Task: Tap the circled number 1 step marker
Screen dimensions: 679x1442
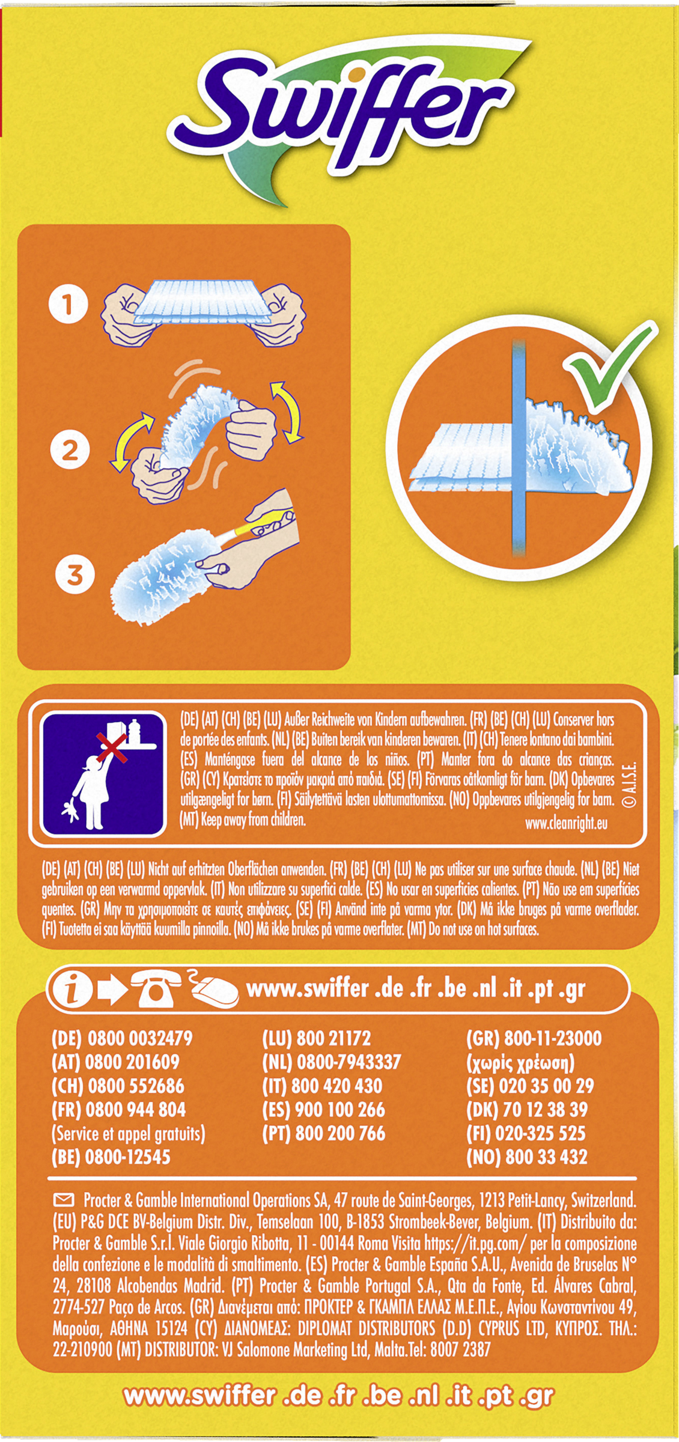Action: coord(68,303)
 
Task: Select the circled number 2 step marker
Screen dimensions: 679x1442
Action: coord(70,450)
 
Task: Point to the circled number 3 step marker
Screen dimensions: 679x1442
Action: coord(75,574)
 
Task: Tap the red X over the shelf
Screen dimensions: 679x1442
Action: coord(112,746)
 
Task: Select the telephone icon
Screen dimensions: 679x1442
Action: coord(155,988)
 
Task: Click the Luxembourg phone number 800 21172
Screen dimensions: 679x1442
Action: coord(333,1038)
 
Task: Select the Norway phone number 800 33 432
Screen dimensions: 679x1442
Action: coord(546,1157)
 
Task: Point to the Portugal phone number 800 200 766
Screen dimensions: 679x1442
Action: coord(340,1133)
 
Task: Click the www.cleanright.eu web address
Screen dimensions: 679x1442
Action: coord(566,823)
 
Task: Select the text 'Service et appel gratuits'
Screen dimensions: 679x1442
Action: coord(129,1134)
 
